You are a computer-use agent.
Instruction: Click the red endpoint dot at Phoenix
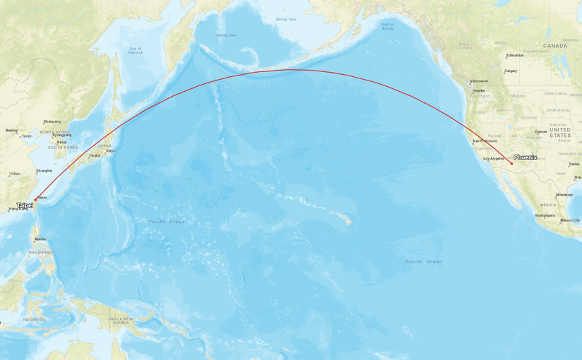511,164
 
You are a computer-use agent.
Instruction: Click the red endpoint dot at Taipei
35,199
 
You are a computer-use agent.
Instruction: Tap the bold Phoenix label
525,157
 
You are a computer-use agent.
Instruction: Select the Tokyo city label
110,151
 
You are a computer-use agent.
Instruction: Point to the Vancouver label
479,81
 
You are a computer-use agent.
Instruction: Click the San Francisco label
485,141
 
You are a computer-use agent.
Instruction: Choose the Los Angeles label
495,159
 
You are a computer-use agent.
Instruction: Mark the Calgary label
510,71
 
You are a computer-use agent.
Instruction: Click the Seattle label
479,90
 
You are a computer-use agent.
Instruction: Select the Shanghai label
44,171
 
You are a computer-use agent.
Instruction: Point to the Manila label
40,239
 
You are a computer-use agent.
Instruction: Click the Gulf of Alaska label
387,26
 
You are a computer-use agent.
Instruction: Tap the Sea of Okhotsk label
135,50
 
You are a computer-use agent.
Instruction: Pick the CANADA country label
554,46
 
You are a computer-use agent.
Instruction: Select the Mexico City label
570,220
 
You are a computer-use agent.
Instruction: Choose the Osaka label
94,155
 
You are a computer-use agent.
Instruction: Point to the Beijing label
11,131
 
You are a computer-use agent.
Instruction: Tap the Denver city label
540,131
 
